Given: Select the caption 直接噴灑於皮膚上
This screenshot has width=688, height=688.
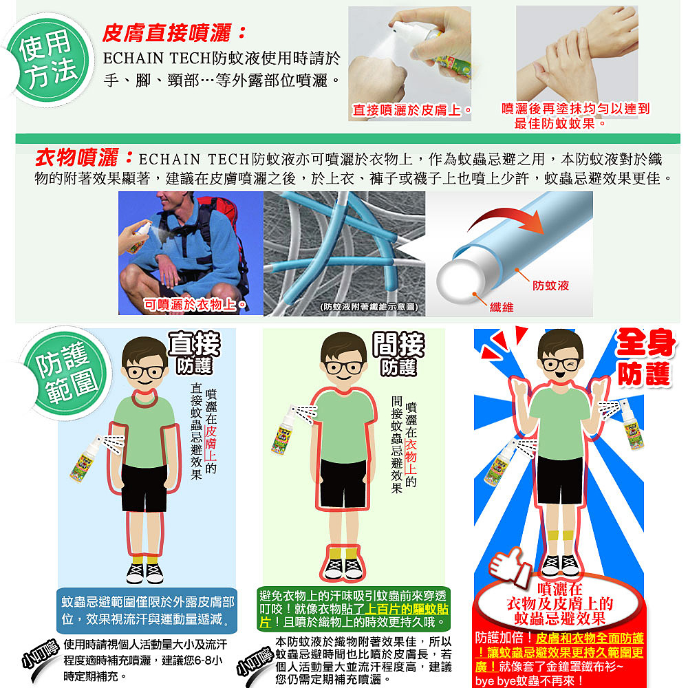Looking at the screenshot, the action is [x=411, y=110].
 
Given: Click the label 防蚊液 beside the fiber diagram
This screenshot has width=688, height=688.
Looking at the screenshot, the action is [x=550, y=286].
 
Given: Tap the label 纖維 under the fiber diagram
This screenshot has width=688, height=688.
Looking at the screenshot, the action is [x=501, y=307].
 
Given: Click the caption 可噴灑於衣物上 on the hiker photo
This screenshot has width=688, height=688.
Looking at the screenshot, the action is [x=195, y=304].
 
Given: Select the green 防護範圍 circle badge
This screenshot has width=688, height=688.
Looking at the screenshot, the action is [x=66, y=374].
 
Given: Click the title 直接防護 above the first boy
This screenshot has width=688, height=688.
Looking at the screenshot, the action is [x=195, y=354].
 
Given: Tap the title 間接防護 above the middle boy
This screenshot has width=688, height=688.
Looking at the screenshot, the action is [x=398, y=354].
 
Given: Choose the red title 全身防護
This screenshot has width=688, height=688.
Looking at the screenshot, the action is [x=645, y=358].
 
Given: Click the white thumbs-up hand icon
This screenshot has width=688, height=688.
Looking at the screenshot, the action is [x=509, y=566].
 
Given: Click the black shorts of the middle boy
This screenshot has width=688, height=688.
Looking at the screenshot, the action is [x=343, y=483].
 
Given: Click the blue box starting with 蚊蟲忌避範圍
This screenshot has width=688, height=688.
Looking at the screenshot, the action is [x=147, y=610].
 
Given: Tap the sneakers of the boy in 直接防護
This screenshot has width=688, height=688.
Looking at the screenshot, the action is [x=144, y=573].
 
